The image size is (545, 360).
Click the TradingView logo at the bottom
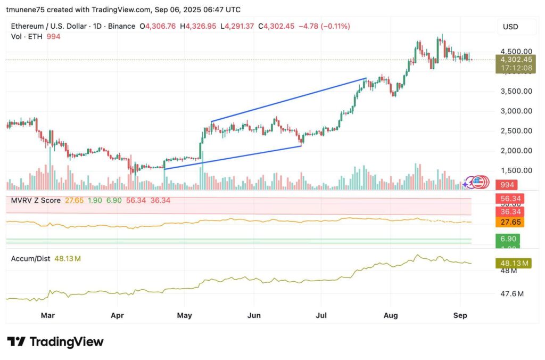(x=55, y=341)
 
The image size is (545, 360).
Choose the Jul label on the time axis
(x=321, y=315)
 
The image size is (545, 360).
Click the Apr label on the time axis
(x=117, y=315)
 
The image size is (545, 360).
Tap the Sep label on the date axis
(x=460, y=315)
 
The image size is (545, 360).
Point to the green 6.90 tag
(x=507, y=239)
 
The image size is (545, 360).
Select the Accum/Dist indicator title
(x=30, y=258)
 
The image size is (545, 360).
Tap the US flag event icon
(x=480, y=183)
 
